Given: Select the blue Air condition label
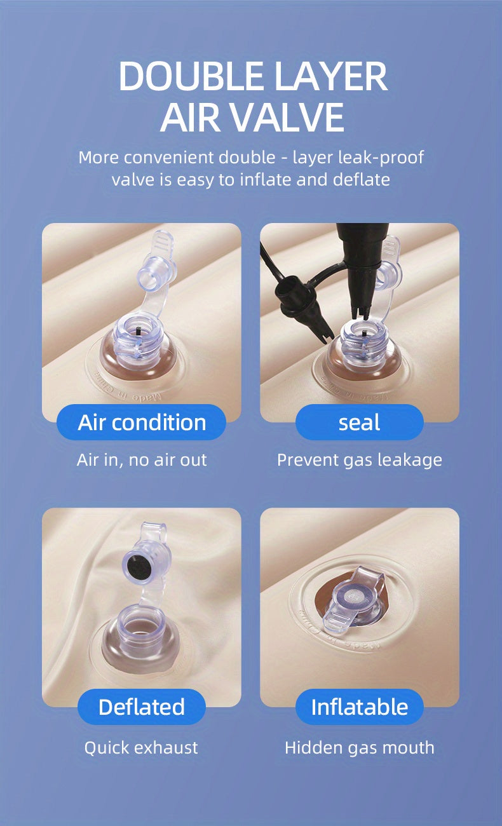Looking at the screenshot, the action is tap(141, 423).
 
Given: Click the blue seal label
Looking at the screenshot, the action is tap(359, 423).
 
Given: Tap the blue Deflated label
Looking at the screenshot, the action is tap(141, 707).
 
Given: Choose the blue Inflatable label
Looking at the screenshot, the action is tap(359, 707).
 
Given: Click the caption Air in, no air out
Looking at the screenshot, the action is tap(142, 460).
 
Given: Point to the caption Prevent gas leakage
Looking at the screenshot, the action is tap(360, 461).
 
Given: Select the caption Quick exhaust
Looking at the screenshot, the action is tap(141, 748).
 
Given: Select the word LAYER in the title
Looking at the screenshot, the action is tap(331, 76).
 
